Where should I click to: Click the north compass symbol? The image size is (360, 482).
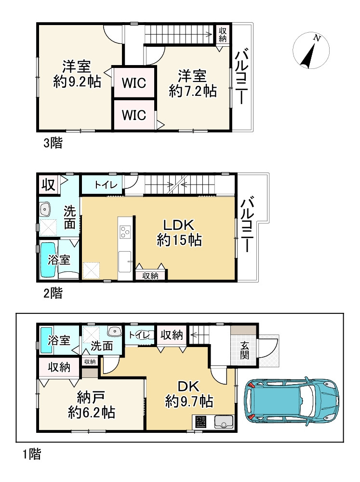coord(311,51)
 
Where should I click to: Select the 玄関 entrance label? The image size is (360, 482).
coord(244,350)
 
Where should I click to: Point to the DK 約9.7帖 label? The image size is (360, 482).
coord(189,394)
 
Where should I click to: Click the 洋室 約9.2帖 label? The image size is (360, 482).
coord(77,74)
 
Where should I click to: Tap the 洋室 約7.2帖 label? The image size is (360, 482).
coord(193,83)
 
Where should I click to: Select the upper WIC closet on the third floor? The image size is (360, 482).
coord(133,82)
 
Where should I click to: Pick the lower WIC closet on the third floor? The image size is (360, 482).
coord(133,115)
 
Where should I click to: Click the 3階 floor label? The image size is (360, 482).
coord(53,143)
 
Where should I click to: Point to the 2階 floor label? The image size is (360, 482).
coord(53,293)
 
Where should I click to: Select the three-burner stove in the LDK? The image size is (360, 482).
coord(125,231)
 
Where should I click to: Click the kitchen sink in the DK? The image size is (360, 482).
coord(224,422)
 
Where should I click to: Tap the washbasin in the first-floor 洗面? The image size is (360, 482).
coord(115,332)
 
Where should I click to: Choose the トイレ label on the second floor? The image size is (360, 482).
coord(106,185)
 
